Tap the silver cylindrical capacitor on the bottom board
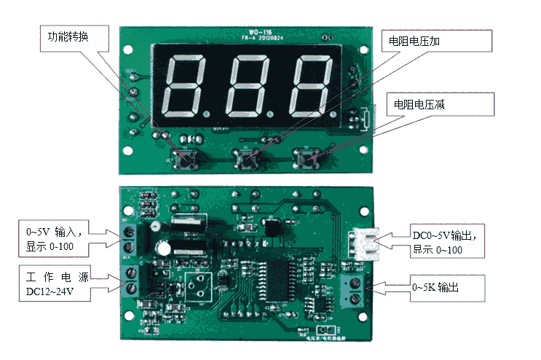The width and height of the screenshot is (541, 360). click(166, 248)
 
